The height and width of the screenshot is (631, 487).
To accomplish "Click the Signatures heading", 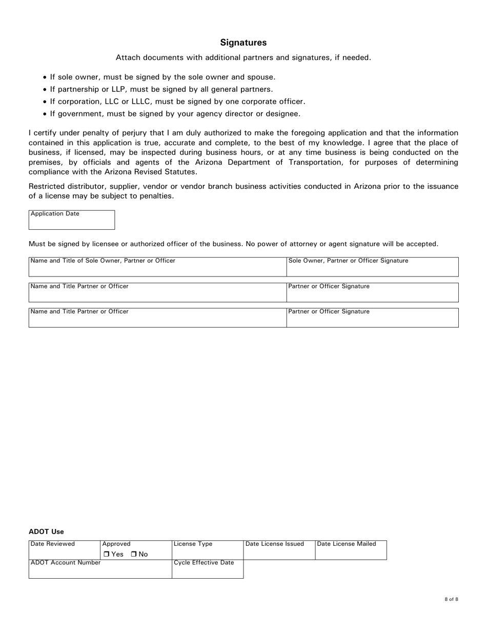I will [243, 43].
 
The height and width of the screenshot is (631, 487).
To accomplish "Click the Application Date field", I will [72, 223].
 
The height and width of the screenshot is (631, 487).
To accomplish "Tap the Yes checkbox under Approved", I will [106, 554].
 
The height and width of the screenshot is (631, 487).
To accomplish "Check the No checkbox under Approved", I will [134, 554].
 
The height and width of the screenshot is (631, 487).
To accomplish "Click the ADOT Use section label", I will [46, 531].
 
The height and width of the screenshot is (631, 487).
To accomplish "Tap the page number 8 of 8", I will [451, 599].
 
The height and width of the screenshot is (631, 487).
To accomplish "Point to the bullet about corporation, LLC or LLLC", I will [177, 102].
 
